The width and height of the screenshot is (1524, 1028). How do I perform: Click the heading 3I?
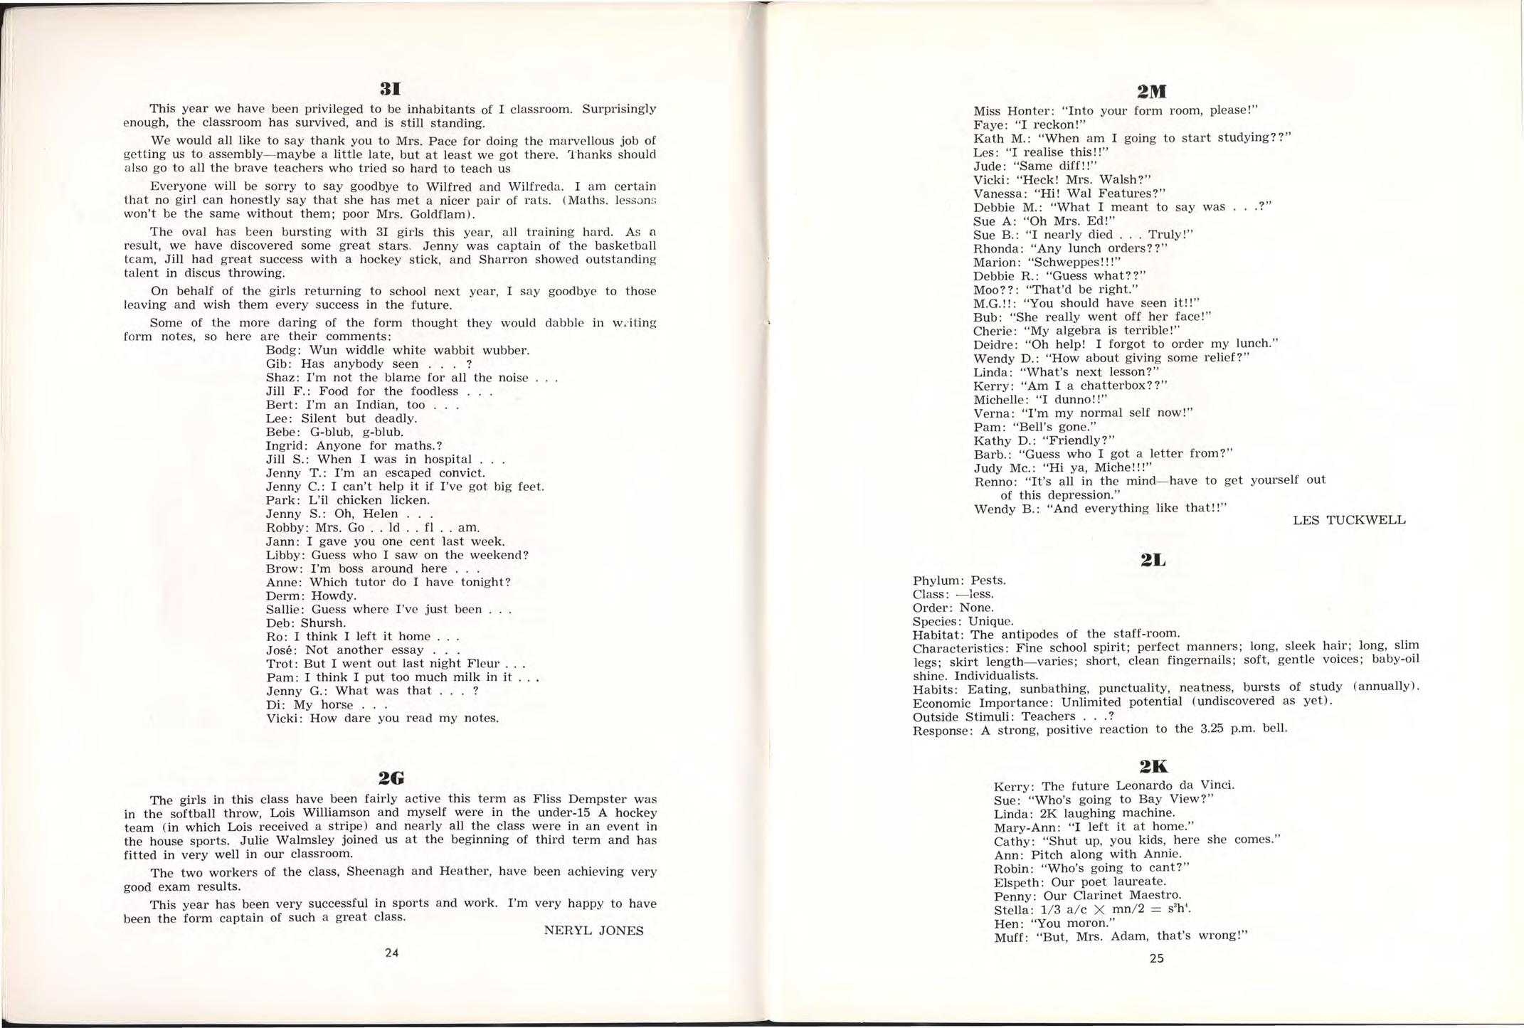coord(391,90)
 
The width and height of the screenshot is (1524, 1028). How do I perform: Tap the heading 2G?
coord(391,778)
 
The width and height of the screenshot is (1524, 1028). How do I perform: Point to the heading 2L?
coord(1153,561)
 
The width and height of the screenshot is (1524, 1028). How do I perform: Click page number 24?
coord(391,953)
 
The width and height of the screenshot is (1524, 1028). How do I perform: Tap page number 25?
coord(1157,958)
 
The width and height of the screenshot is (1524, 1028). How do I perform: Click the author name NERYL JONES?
coord(593,931)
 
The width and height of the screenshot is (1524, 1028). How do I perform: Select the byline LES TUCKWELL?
coord(1349,520)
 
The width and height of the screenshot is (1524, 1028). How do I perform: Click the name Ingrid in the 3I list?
coord(285,446)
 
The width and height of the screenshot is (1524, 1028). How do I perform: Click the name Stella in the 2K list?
coord(1012,910)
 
